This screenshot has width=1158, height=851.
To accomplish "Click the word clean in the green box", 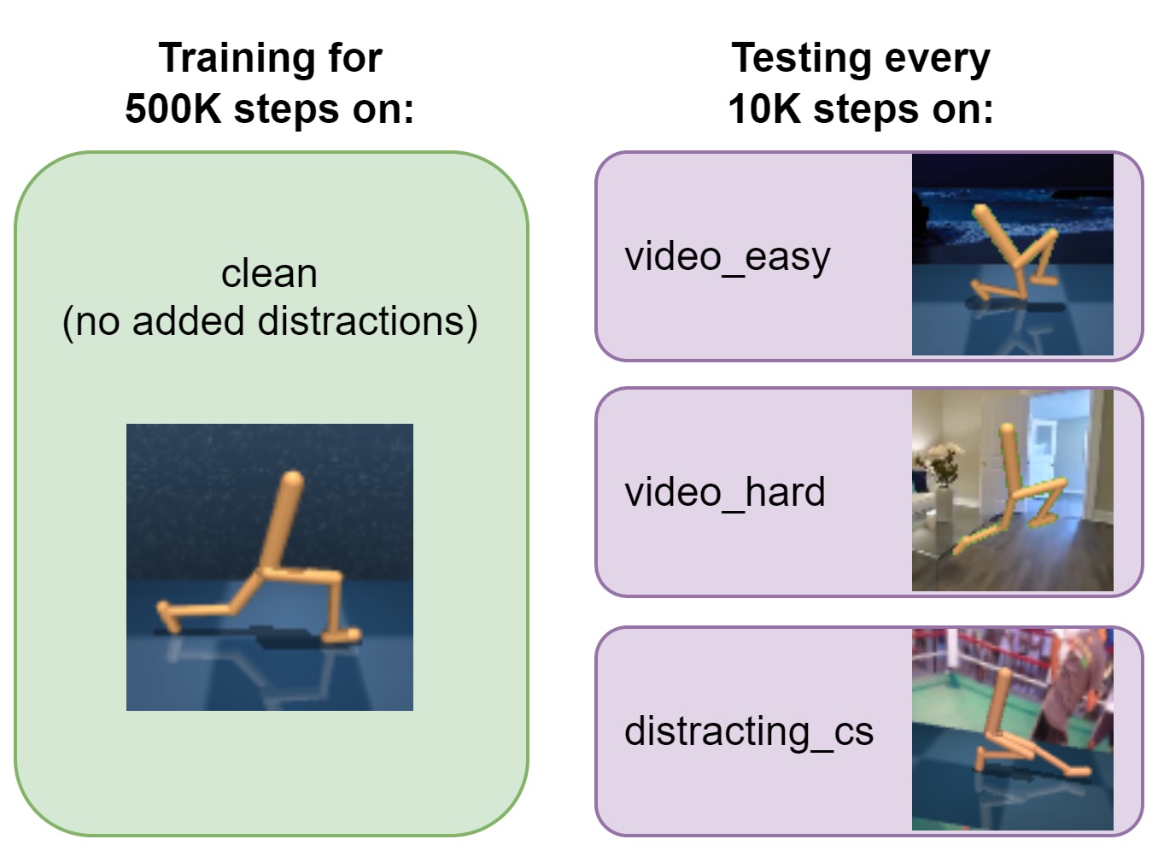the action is pyautogui.click(x=269, y=273).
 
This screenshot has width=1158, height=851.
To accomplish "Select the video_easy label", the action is pyautogui.click(x=728, y=257).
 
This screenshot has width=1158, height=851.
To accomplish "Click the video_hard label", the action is pyautogui.click(x=725, y=492).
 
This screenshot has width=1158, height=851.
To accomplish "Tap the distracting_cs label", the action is pyautogui.click(x=749, y=731).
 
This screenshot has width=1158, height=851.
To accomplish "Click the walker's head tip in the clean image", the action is pyautogui.click(x=293, y=478).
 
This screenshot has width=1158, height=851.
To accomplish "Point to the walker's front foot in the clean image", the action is pyautogui.click(x=342, y=635).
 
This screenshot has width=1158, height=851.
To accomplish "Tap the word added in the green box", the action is pyautogui.click(x=188, y=320).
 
